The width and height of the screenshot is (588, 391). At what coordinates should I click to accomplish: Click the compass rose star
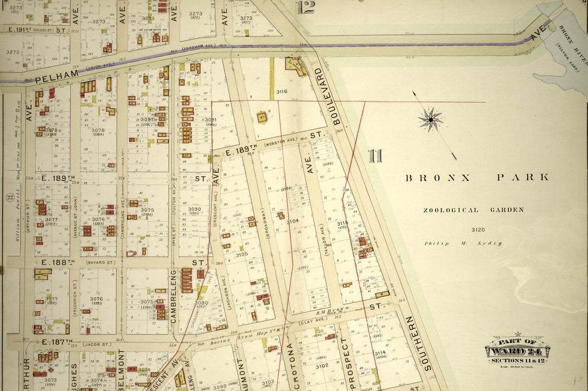click(x=430, y=119)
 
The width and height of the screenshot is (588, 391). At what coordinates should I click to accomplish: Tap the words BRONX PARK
click(x=477, y=178)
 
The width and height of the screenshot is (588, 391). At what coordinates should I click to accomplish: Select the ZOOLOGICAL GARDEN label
click(x=473, y=210)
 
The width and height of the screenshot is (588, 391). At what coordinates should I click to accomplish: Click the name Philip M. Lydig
click(x=463, y=243)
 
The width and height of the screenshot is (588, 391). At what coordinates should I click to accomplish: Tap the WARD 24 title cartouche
click(x=517, y=349)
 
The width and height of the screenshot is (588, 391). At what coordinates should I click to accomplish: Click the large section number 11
click(x=375, y=156)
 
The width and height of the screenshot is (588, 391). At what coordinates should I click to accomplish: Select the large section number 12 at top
click(x=307, y=7)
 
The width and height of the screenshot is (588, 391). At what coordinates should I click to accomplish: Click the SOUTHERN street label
click(x=417, y=342)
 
